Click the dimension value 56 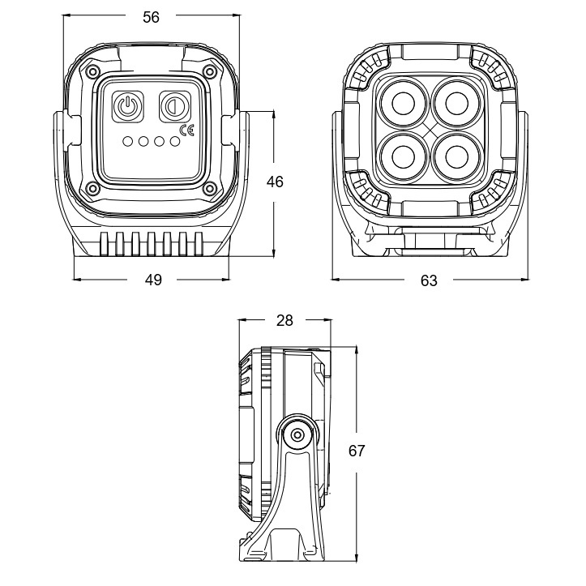(x=152, y=18)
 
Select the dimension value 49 (x=153, y=280)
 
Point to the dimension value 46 (x=275, y=182)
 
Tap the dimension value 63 (x=429, y=280)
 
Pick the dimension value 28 (x=284, y=321)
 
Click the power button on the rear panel (x=127, y=105)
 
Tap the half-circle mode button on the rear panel (x=173, y=105)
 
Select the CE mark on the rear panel (x=186, y=129)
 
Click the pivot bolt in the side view (x=298, y=435)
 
